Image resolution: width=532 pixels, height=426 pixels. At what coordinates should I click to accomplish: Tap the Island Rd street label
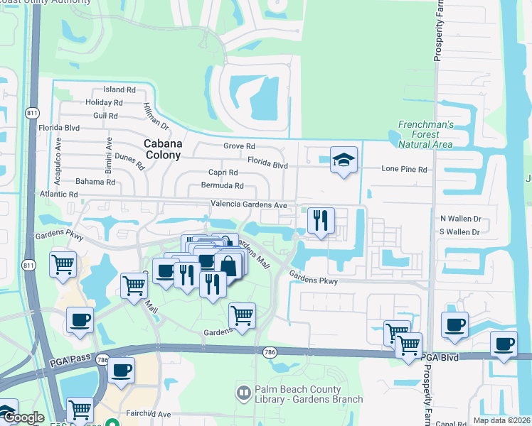click(119, 90)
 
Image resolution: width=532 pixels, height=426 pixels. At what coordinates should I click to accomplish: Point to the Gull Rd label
click(105, 115)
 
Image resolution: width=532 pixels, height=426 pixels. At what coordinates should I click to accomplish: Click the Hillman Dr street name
click(155, 116)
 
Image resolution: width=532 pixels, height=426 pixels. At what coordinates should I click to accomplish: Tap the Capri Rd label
click(223, 173)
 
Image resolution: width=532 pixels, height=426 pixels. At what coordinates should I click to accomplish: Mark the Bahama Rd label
click(95, 182)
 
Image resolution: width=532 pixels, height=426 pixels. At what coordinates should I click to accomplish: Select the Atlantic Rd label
click(58, 195)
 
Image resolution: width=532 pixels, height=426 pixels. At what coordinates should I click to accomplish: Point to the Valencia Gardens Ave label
click(248, 204)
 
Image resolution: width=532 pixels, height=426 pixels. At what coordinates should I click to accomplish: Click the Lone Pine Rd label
click(404, 170)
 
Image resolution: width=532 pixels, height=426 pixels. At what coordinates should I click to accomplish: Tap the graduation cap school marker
click(344, 160)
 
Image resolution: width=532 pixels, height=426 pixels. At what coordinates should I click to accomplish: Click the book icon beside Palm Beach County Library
click(244, 392)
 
